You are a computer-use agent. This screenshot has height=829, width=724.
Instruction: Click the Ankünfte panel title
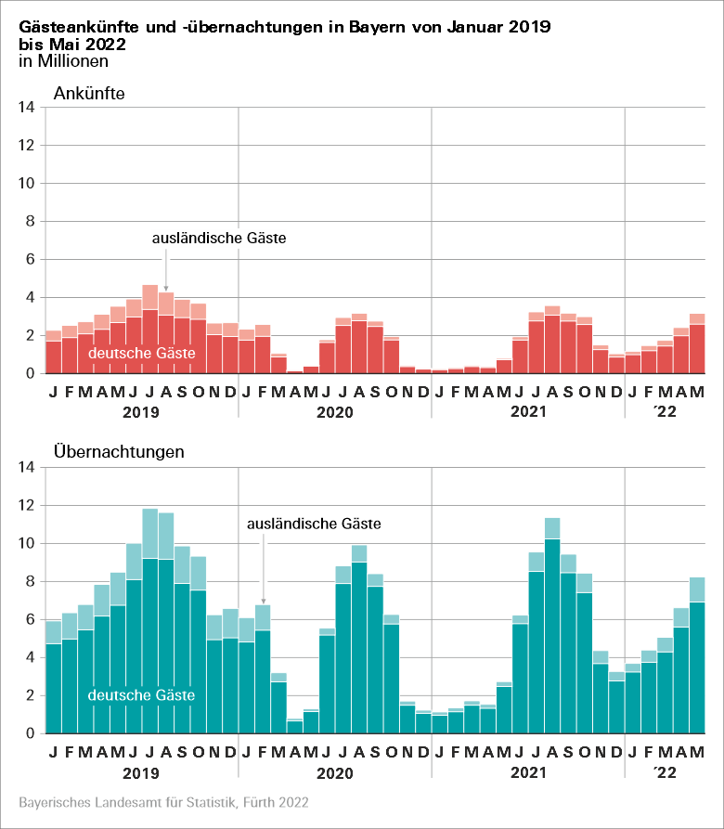coord(89,94)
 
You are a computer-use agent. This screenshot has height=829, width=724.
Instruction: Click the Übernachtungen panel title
coord(119,452)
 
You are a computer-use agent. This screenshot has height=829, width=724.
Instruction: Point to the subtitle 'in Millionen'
coord(63,61)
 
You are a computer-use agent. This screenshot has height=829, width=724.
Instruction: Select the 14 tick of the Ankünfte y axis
coord(26,108)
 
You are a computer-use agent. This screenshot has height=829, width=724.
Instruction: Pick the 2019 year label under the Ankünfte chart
coord(141,411)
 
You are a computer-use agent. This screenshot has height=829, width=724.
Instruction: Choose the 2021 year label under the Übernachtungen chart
coord(527,771)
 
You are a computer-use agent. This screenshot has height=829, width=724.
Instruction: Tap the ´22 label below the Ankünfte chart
coord(666,411)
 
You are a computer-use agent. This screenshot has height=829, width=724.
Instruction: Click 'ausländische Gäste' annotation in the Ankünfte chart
coord(219,239)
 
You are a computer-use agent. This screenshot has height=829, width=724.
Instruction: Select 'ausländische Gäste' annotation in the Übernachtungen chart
coord(314,525)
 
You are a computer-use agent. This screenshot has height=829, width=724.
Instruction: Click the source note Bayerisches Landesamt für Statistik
coord(163,801)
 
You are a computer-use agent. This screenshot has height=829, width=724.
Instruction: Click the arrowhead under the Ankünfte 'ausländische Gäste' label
coord(165,288)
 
